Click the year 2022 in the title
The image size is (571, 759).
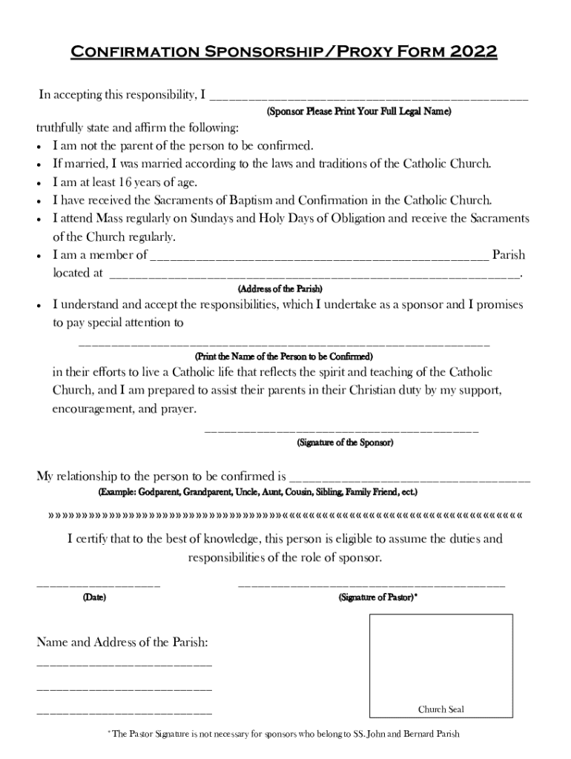[473, 53]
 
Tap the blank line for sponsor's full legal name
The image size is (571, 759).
[369, 97]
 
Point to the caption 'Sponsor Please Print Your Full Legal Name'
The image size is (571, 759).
[358, 111]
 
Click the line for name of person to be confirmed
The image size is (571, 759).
[284, 345]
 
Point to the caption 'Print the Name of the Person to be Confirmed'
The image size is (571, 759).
[283, 357]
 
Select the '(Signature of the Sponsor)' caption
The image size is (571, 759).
[345, 443]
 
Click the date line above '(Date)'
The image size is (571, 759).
[99, 586]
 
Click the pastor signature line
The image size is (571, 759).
[371, 586]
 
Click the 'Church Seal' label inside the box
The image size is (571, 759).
[440, 709]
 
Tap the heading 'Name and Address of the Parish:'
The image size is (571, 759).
[122, 642]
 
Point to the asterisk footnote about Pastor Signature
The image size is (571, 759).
[284, 735]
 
